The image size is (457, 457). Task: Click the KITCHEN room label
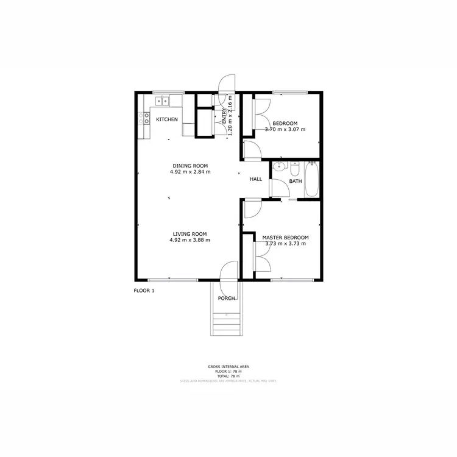(x=167, y=119)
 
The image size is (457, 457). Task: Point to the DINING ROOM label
(x=191, y=166)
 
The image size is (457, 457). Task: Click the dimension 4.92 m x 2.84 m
(x=191, y=172)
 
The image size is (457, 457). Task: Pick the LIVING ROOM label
(x=190, y=234)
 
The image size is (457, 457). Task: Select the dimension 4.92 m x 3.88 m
(x=190, y=240)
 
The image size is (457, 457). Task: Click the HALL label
(x=256, y=179)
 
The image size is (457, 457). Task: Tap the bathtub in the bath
(x=311, y=180)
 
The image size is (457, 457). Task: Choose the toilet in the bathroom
(x=296, y=170)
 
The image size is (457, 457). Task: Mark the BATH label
(x=296, y=182)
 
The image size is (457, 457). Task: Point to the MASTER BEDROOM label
(x=285, y=238)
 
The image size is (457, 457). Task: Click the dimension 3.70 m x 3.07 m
(x=285, y=130)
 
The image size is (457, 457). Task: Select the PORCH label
(x=227, y=298)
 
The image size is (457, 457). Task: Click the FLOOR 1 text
(x=144, y=291)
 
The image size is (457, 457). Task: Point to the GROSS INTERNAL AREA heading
(x=228, y=367)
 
